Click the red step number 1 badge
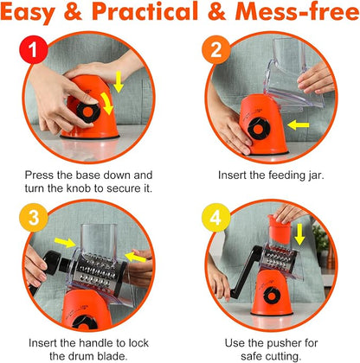(x=34, y=49)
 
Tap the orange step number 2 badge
(x=216, y=49)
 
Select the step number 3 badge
(x=34, y=218)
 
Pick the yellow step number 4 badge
(x=216, y=218)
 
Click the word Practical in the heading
(x=145, y=12)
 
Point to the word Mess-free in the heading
(x=297, y=12)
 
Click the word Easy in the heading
(x=28, y=13)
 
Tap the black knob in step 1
(x=88, y=111)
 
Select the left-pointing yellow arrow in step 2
(x=299, y=125)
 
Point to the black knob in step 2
(x=259, y=129)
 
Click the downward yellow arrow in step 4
(x=299, y=234)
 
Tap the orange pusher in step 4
(x=280, y=229)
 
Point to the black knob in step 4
(x=272, y=296)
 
